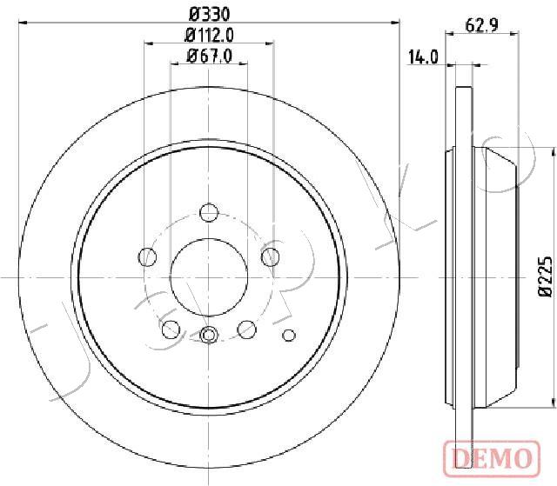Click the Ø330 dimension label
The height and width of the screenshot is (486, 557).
pyautogui.click(x=209, y=15)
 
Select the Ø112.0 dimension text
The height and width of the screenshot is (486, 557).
pyautogui.click(x=209, y=35)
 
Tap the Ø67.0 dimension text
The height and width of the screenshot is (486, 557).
pyautogui.click(x=209, y=56)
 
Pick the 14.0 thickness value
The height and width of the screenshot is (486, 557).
pyautogui.click(x=423, y=57)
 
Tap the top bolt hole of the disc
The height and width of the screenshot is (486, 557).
pyautogui.click(x=209, y=212)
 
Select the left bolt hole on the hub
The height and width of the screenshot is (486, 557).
pyautogui.click(x=147, y=256)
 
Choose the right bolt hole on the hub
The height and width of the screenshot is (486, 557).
pyautogui.click(x=271, y=256)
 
